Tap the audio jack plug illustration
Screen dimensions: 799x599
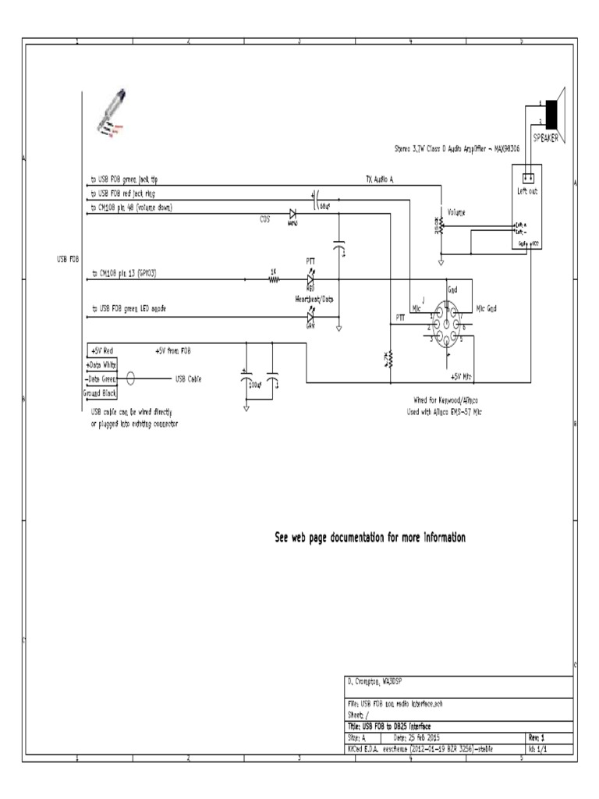point(112,114)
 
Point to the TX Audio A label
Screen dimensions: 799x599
point(380,179)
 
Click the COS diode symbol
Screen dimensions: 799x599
point(293,213)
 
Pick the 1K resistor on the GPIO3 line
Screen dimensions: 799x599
point(273,279)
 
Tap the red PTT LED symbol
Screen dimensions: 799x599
point(310,279)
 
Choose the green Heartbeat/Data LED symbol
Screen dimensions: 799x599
point(310,317)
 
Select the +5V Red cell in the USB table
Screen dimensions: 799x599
point(101,351)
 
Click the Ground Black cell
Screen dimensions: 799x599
point(100,393)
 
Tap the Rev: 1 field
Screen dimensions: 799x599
point(537,737)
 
